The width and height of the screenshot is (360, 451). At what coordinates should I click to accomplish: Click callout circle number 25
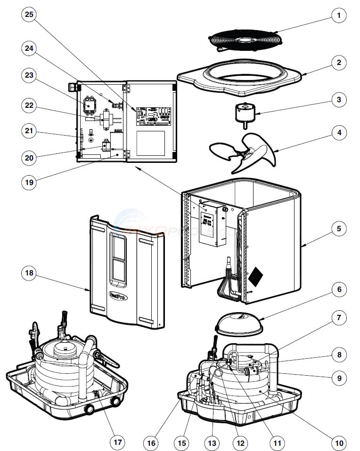coord(30,15)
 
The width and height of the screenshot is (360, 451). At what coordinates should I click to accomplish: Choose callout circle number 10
coord(338,442)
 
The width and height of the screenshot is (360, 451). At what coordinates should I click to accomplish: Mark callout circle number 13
coord(213,442)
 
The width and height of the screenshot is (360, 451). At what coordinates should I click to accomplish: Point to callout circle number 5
coord(338,229)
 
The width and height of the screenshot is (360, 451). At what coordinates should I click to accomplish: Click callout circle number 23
coord(30,75)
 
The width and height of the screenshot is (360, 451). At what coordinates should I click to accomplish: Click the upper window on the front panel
coord(117,245)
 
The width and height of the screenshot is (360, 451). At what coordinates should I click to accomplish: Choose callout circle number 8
coord(338,354)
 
